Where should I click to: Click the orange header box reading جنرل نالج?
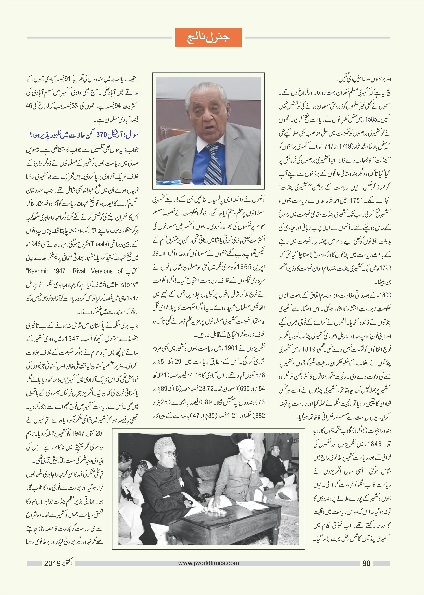pyautogui.click(x=208, y=38)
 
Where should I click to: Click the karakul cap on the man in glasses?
pyautogui.click(x=162, y=445)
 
